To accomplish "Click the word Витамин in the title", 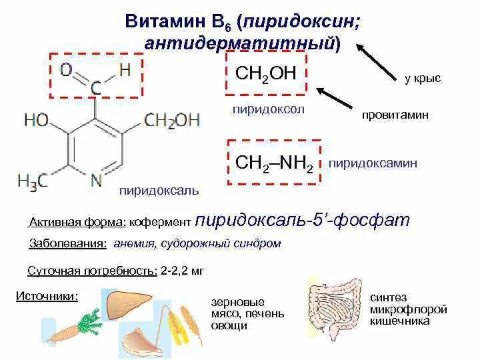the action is tap(158, 23).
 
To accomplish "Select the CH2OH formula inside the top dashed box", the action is tap(265, 73).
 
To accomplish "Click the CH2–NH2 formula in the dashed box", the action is tap(274, 163).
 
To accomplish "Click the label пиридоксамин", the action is tap(373, 162).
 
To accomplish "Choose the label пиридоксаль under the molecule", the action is tap(158, 191).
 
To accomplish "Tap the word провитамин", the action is tap(395, 115).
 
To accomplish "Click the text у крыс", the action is tap(422, 79).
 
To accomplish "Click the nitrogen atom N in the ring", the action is tap(96, 179).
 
